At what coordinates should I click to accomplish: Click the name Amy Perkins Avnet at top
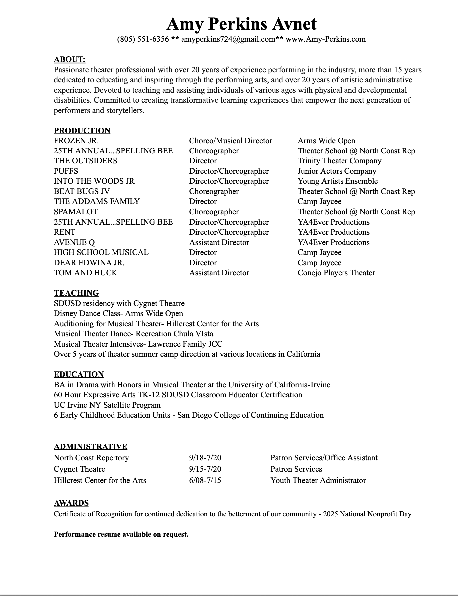pyautogui.click(x=241, y=24)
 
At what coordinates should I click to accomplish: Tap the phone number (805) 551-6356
pyautogui.click(x=143, y=39)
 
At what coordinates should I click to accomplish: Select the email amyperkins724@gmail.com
pyautogui.click(x=228, y=39)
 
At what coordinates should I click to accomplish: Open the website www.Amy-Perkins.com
pyautogui.click(x=326, y=39)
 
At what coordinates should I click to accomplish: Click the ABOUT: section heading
pyautogui.click(x=70, y=59)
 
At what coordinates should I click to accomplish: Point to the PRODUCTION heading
pyautogui.click(x=82, y=130)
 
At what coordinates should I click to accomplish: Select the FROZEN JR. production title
pyautogui.click(x=76, y=141)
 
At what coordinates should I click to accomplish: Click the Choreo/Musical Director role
pyautogui.click(x=230, y=141)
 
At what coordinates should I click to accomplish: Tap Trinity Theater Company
pyautogui.click(x=340, y=161)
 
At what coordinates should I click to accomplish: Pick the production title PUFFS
pyautogui.click(x=66, y=171)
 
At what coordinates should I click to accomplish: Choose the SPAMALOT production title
pyautogui.click(x=76, y=212)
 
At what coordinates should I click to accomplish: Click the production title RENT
pyautogui.click(x=65, y=232)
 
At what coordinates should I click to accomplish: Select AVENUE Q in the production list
pyautogui.click(x=74, y=242)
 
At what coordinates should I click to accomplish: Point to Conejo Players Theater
pyautogui.click(x=336, y=273)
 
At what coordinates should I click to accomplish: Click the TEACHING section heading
pyautogui.click(x=76, y=293)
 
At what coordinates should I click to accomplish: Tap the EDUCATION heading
pyautogui.click(x=79, y=374)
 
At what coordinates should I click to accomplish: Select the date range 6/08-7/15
pyautogui.click(x=205, y=480)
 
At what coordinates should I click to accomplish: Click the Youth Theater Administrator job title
pyautogui.click(x=318, y=480)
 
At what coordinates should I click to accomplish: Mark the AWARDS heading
pyautogui.click(x=71, y=503)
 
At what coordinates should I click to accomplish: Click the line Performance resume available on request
pyautogui.click(x=121, y=534)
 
